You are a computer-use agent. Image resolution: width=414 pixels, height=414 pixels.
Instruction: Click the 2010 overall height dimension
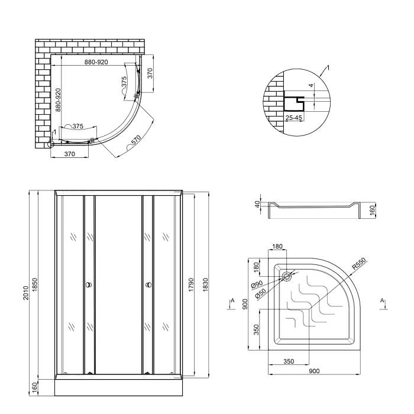click(25, 293)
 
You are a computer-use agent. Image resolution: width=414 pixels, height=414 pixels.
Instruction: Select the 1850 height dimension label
click(35, 285)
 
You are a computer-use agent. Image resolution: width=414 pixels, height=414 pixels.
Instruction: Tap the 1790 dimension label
click(191, 285)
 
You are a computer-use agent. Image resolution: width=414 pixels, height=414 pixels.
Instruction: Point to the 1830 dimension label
click(205, 285)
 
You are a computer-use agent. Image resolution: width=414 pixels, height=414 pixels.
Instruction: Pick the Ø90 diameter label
click(257, 284)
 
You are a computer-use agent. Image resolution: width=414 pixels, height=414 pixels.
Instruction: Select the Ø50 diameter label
click(261, 294)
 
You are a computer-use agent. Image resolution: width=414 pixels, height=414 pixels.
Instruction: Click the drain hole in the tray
click(286, 276)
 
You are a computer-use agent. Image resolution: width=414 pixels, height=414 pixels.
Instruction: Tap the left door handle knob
click(89, 285)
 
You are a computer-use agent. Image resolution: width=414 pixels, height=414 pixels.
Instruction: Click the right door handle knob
click(148, 285)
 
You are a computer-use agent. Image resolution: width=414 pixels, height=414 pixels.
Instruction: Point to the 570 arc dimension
click(136, 140)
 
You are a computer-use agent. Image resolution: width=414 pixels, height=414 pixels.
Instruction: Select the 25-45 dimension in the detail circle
click(293, 118)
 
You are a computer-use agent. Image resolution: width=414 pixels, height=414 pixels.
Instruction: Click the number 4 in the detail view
click(312, 86)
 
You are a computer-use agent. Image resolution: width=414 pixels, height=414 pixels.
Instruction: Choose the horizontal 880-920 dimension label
click(96, 62)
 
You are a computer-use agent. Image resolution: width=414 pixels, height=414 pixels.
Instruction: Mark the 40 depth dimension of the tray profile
click(257, 204)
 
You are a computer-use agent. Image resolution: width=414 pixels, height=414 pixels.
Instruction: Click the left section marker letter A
click(232, 300)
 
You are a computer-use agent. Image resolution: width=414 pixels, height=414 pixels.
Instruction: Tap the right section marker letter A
click(382, 300)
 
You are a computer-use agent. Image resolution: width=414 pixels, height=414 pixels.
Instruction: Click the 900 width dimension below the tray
click(314, 371)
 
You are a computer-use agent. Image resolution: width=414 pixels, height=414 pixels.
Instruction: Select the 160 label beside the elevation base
click(35, 387)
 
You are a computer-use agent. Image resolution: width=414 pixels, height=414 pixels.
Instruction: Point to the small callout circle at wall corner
click(50, 144)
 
